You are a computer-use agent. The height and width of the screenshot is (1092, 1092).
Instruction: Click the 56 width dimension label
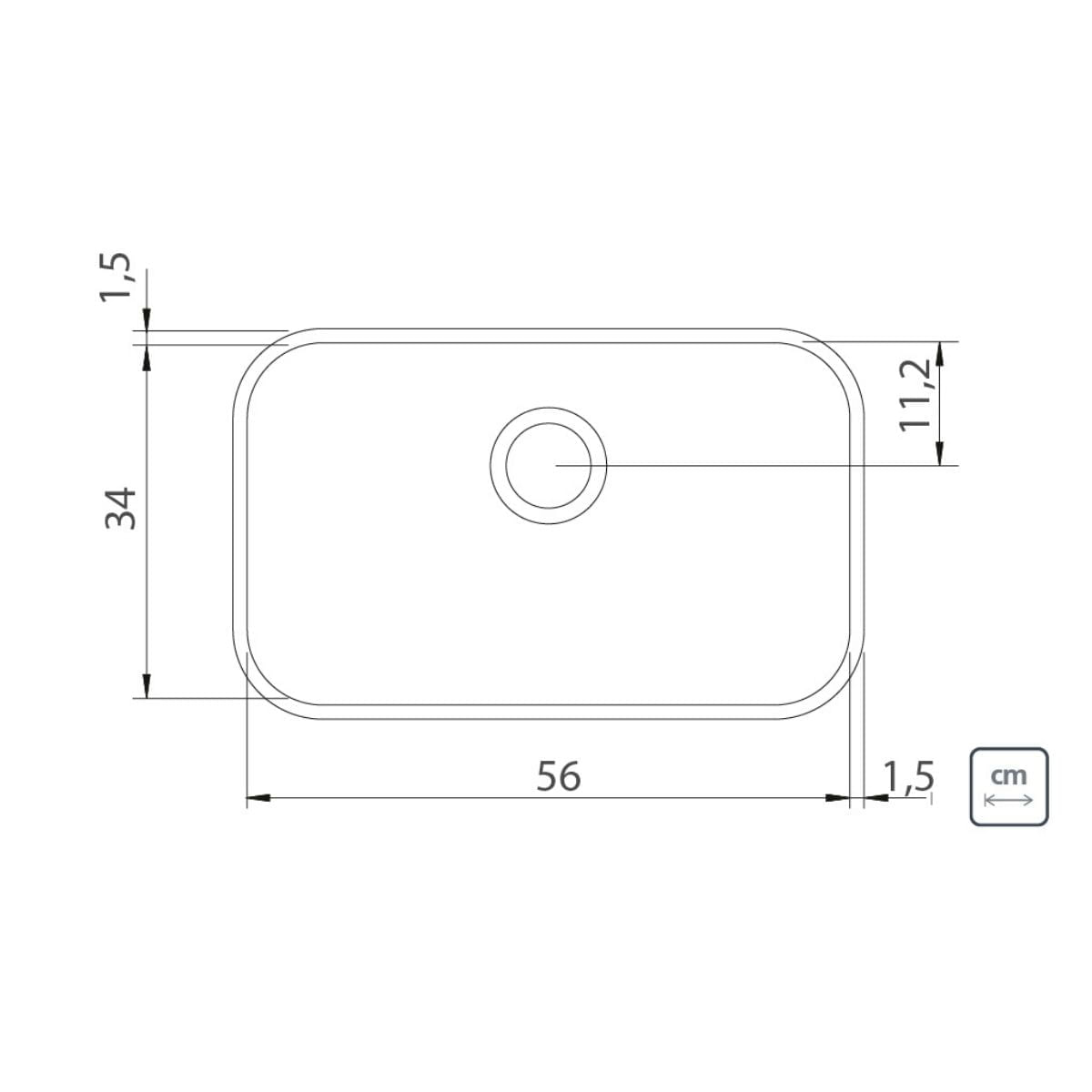(558, 776)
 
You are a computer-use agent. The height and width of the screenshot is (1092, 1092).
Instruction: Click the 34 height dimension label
(121, 508)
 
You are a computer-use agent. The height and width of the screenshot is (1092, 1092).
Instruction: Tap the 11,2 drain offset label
(915, 395)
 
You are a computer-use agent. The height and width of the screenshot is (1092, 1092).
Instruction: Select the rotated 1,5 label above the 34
(116, 278)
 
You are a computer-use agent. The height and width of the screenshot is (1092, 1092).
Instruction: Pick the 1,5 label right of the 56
(908, 776)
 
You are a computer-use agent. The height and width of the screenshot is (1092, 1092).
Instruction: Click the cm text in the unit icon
(1008, 775)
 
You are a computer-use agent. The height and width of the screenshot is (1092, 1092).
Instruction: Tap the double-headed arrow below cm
(1008, 800)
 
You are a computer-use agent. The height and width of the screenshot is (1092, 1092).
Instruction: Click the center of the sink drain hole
(548, 465)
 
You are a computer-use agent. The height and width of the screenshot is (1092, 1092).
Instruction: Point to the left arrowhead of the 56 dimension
(258, 798)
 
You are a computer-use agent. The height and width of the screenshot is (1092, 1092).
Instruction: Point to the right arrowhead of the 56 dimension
(838, 798)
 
